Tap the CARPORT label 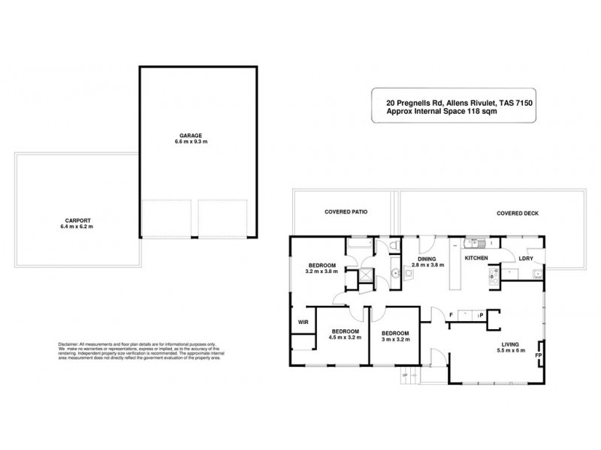click(x=77, y=220)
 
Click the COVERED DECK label click(x=517, y=213)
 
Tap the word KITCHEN click(x=476, y=258)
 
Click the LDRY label click(x=526, y=259)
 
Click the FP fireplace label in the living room click(x=539, y=355)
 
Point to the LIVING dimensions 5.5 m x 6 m click(x=512, y=352)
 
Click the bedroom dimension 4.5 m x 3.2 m click(x=346, y=337)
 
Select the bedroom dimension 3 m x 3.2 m click(x=394, y=338)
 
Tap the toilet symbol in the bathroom click(x=394, y=247)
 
